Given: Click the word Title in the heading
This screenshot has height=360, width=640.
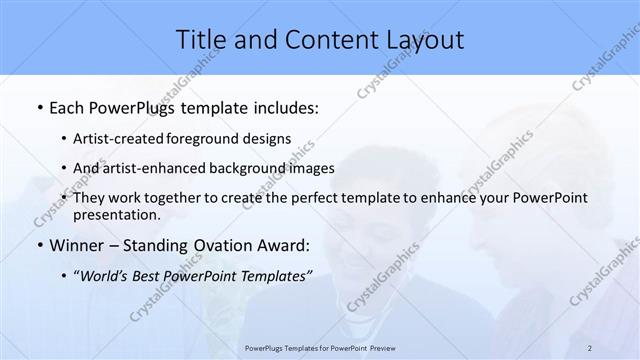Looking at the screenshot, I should (x=200, y=40).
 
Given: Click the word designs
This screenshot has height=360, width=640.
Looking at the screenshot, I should (x=269, y=139).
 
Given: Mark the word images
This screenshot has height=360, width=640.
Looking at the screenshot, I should (x=311, y=168).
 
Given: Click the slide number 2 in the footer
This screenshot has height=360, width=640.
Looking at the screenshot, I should (x=590, y=348).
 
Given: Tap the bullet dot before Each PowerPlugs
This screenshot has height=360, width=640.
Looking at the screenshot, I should (x=38, y=106).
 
